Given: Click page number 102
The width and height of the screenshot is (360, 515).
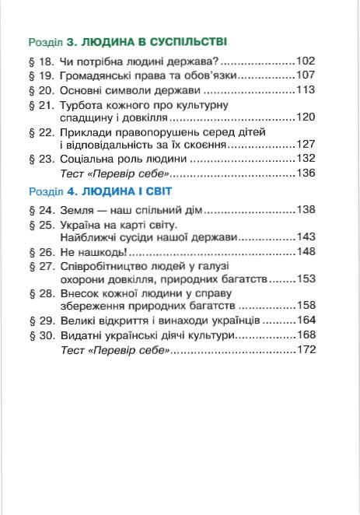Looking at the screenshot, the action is click(306, 60).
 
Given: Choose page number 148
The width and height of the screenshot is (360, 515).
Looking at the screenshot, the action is click(306, 252).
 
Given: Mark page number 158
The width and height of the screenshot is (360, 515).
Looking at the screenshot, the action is click(306, 307).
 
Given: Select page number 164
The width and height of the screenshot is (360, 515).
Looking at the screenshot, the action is click(306, 321).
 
